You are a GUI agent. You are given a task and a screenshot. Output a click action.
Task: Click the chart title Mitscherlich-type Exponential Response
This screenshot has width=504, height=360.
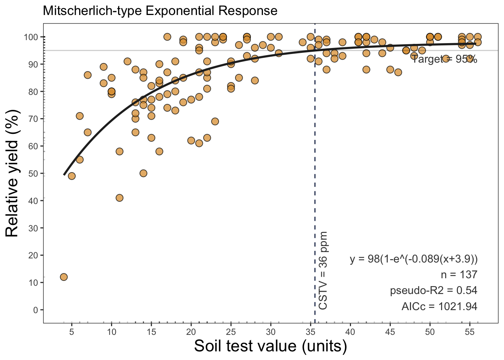pos(160,10)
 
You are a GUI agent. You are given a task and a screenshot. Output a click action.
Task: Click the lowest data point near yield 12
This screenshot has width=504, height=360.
pos(64,277)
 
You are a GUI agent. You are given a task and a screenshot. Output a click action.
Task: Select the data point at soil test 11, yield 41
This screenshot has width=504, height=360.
pos(120,198)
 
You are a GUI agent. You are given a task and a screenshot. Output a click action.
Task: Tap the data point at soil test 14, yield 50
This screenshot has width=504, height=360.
pos(143,173)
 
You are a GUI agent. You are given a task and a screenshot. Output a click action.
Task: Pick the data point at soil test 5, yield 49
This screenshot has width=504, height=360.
pos(72,176)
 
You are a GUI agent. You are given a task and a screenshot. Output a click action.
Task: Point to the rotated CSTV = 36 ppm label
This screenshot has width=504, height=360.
pos(323,270)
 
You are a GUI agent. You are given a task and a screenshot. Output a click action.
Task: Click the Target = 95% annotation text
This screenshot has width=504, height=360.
pos(445,59)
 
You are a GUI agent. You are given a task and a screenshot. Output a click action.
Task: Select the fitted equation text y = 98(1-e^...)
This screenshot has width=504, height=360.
pos(414,259)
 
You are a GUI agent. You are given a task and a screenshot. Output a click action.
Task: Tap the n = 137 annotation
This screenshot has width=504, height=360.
pos(459,275)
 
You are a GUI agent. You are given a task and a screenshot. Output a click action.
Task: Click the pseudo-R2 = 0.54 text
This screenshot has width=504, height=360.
pos(433,291)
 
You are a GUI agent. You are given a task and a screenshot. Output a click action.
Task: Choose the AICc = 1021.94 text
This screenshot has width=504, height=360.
pos(439,306)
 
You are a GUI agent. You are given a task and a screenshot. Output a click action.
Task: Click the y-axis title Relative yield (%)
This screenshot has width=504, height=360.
pos(12,173)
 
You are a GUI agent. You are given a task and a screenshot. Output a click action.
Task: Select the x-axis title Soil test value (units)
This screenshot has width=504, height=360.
pos(270,346)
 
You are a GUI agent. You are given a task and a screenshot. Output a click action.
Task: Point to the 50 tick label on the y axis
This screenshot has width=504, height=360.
pos(33,173)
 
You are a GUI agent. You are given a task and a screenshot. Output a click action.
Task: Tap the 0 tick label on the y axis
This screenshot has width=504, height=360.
pos(35,310)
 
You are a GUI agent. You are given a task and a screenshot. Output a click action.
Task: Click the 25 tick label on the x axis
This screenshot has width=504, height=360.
pos(231,332)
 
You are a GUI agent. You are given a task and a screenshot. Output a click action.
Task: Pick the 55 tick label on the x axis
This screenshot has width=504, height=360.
pos(470,332)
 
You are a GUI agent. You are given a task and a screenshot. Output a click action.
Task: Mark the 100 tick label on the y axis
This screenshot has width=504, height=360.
pos(31,37)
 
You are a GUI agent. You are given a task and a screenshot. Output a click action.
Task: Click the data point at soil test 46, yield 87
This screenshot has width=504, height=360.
pos(398,72)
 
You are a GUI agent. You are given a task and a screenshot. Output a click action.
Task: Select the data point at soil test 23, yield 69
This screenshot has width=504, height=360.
pos(215,121)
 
